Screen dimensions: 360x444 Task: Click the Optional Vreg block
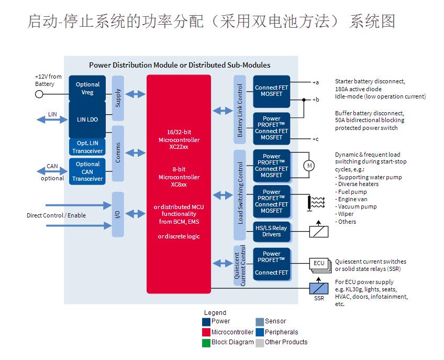click(87, 88)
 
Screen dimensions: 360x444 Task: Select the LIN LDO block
click(87, 119)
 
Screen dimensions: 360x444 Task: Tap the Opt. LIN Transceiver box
click(87, 147)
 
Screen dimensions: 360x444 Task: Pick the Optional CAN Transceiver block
click(87, 171)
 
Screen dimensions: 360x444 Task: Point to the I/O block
click(118, 214)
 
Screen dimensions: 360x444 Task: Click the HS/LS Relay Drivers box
click(271, 231)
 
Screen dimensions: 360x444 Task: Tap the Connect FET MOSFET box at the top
click(271, 91)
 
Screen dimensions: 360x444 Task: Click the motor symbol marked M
click(309, 166)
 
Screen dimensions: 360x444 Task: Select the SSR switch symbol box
click(319, 288)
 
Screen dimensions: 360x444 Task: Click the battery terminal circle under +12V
click(39, 94)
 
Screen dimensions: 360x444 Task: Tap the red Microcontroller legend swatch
click(206, 332)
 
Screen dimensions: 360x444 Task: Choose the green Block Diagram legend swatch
click(206, 342)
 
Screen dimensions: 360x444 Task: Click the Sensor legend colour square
click(260, 321)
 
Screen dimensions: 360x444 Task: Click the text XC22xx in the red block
click(179, 147)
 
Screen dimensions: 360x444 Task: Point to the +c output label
click(315, 139)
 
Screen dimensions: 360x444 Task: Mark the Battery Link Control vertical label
click(240, 111)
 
